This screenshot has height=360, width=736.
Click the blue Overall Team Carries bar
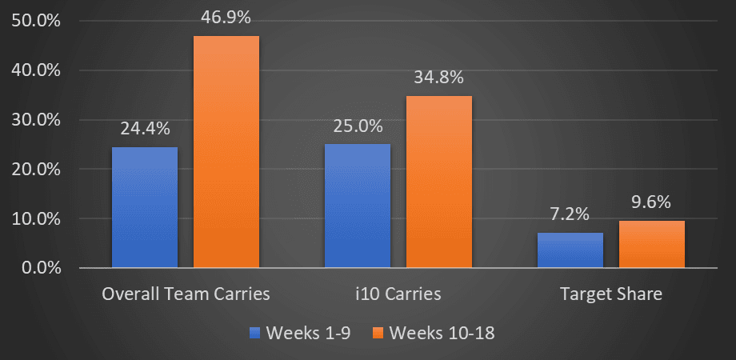click(145, 207)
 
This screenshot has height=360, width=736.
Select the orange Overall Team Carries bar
click(226, 152)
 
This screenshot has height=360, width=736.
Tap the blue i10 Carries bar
click(357, 206)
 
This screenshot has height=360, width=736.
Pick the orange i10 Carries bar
click(438, 182)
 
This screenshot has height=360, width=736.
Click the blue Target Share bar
click(570, 250)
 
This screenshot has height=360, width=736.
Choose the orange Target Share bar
click(652, 244)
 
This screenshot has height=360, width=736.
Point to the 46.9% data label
click(226, 18)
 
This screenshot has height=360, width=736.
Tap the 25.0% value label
click(357, 126)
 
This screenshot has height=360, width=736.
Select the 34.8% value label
click(438, 78)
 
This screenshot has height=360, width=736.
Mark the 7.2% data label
click(570, 214)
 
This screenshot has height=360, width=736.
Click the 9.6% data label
click(652, 202)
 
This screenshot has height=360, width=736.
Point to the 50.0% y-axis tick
click(37, 21)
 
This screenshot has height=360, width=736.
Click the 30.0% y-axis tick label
click(37, 120)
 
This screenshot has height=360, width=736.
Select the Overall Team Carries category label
click(186, 294)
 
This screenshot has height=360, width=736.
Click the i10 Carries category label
click(398, 294)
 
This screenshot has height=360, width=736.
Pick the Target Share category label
click(611, 294)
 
